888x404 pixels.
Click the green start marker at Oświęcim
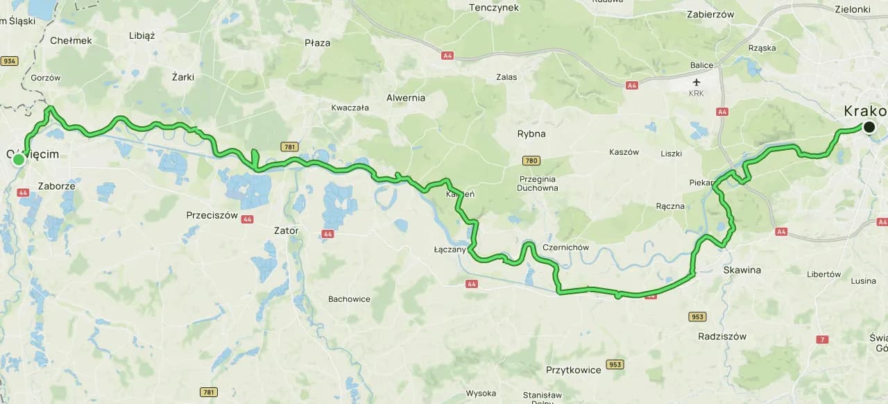pyautogui.click(x=19, y=160)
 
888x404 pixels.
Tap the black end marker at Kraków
pyautogui.click(x=869, y=126)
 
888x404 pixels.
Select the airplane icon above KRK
pyautogui.click(x=696, y=81)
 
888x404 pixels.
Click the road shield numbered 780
pyautogui.click(x=531, y=161)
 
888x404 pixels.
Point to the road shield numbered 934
pyautogui.click(x=9, y=61)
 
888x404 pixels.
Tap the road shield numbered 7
pyautogui.click(x=823, y=339)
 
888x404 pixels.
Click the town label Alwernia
pyautogui.click(x=406, y=98)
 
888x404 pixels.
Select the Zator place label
pyautogui.click(x=286, y=230)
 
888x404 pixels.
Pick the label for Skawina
pyautogui.click(x=742, y=269)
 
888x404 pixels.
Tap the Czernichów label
pyautogui.click(x=566, y=247)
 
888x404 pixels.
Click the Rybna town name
pyautogui.click(x=531, y=133)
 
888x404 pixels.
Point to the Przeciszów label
pyautogui.click(x=212, y=215)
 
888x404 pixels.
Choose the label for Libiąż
pyautogui.click(x=142, y=35)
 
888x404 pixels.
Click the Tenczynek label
pyautogui.click(x=494, y=8)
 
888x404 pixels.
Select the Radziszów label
pyautogui.click(x=723, y=336)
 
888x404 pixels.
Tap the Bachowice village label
pyautogui.click(x=349, y=299)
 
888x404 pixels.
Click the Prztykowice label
pyautogui.click(x=573, y=370)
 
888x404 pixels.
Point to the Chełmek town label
pyautogui.click(x=71, y=40)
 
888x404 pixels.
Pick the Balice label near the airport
pyautogui.click(x=701, y=65)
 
